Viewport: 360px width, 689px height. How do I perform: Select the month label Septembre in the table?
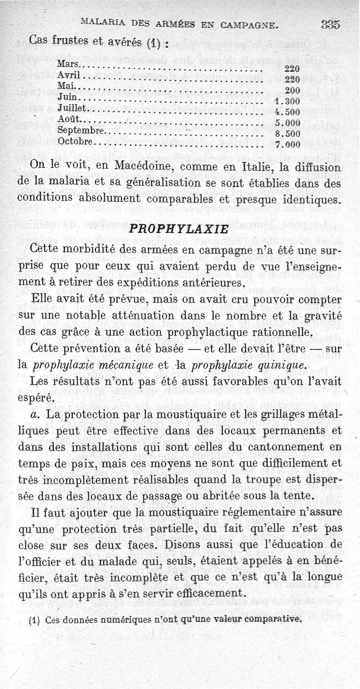(81, 131)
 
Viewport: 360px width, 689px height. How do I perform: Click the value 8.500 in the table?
(287, 134)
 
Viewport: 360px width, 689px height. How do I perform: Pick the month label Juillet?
(74, 108)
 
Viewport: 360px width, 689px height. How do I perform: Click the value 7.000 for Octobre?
(287, 145)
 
